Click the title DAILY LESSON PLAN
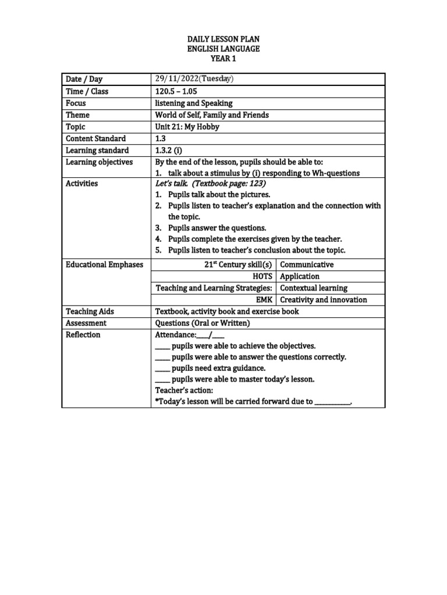coord(223,39)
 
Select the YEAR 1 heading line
coord(223,59)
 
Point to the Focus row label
coord(76,103)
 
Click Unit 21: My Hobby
coord(187,127)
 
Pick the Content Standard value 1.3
coord(161,138)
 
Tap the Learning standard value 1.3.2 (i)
coord(168,150)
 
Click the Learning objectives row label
coord(100,162)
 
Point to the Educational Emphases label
coord(104,264)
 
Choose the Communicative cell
coord(307,264)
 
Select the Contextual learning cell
coord(314,288)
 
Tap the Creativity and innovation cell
coord(324,300)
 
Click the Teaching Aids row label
coord(90,311)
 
